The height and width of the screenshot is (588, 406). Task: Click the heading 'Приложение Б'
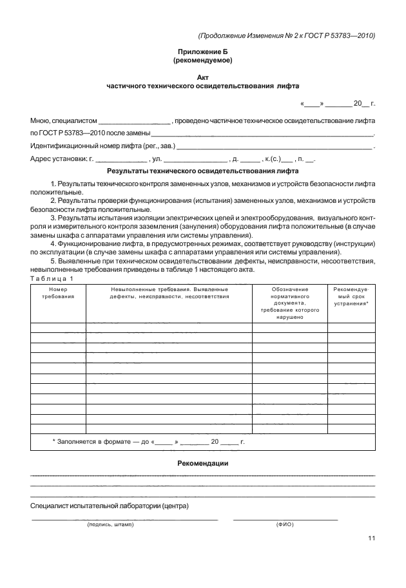pyautogui.click(x=203, y=52)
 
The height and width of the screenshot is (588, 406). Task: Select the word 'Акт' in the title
pyautogui.click(x=203, y=76)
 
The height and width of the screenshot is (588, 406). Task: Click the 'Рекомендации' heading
pyautogui.click(x=203, y=464)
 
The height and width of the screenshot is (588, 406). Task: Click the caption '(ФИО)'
pyautogui.click(x=284, y=525)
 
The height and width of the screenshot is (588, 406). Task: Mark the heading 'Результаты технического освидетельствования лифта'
pyautogui.click(x=203, y=172)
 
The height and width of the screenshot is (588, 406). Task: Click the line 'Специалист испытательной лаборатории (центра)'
pyautogui.click(x=110, y=506)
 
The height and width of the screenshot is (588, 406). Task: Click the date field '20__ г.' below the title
pyautogui.click(x=363, y=103)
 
